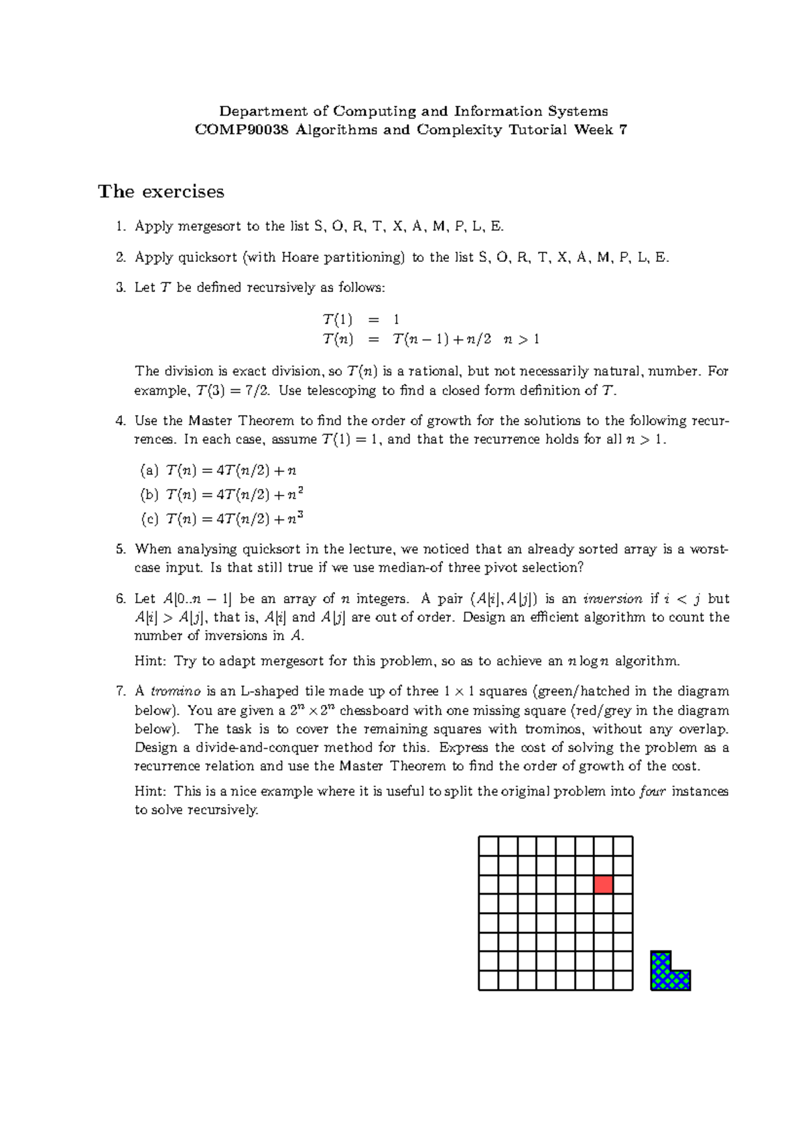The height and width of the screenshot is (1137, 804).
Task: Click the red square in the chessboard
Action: [603, 885]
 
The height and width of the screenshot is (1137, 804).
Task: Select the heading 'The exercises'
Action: [161, 192]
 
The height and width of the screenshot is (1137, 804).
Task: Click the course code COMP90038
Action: [241, 130]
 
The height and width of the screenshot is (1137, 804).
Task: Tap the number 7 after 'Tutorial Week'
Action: [623, 130]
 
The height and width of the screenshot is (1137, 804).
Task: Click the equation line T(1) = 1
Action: [360, 319]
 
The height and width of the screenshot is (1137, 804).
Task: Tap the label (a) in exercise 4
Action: [149, 471]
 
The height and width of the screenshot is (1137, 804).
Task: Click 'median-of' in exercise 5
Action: [409, 568]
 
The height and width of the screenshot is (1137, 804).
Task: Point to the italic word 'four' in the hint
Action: [653, 791]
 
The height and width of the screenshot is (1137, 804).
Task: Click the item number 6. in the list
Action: [121, 599]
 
